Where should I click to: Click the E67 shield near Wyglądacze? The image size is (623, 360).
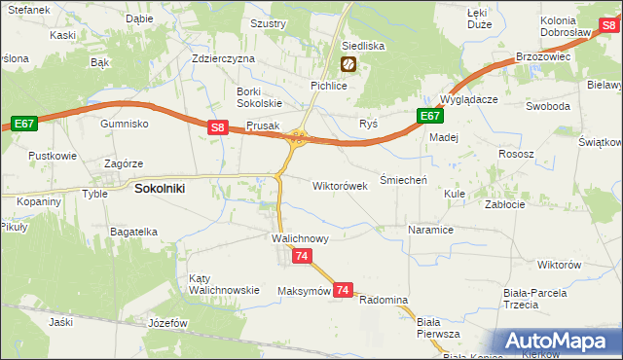pos(430,116)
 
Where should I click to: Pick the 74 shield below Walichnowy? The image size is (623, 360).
pos(302,256)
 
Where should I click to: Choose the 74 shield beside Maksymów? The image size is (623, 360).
pos(342,290)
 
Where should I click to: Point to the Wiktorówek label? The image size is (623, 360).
pos(340,185)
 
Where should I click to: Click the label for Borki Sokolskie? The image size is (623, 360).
pos(259,97)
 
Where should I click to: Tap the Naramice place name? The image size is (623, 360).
pos(430,231)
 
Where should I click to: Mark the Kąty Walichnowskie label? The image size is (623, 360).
pos(223,283)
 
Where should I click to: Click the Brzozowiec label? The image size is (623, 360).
pos(542,57)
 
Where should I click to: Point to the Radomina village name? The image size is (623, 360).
pos(383,300)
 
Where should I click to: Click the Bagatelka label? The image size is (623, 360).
pos(133,232)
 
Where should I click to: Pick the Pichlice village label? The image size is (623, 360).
pos(329,86)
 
